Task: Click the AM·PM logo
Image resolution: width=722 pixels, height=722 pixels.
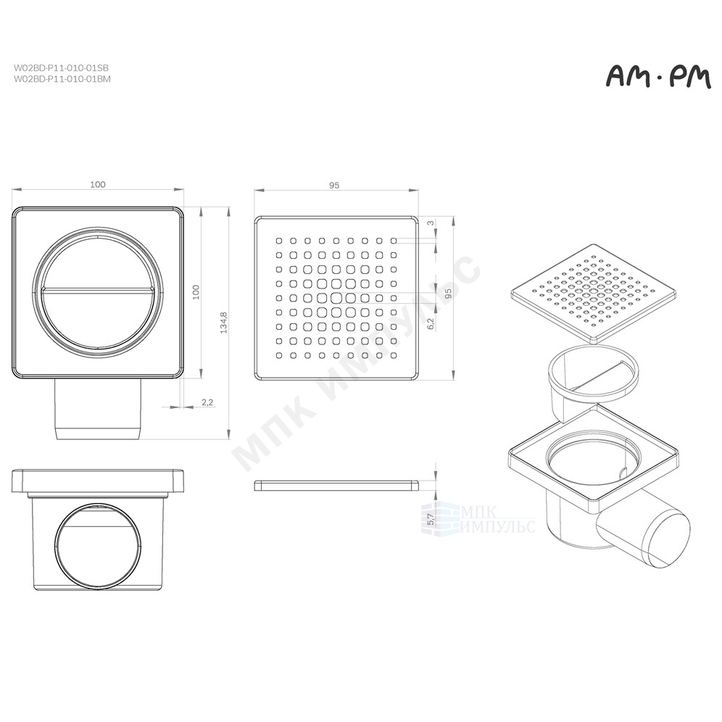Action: pos(658,78)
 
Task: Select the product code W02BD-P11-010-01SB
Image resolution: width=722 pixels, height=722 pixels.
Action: pos(61,68)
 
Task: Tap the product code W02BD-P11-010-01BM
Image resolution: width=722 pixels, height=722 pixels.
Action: pos(62,79)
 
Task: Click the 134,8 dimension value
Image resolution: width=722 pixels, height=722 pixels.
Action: pos(224,323)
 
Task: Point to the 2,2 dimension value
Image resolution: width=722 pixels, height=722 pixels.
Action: pos(207,402)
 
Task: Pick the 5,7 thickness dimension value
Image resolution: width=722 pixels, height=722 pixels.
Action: pos(431,520)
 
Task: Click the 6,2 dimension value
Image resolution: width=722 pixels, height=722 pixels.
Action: pos(431,323)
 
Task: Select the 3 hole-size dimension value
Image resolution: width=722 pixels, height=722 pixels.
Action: pos(431,223)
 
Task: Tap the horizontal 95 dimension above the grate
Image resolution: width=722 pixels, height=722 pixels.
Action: pos(334,185)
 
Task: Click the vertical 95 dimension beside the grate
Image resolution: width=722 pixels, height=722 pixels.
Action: pos(449,292)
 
